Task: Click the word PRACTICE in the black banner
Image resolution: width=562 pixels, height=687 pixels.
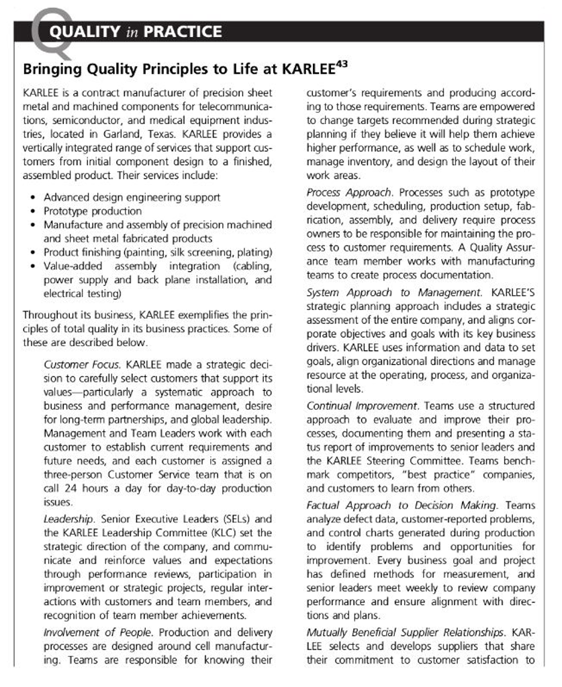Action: click(x=181, y=32)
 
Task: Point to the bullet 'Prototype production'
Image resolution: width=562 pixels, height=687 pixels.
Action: click(x=93, y=211)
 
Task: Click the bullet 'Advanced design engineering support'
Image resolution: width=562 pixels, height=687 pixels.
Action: click(x=132, y=197)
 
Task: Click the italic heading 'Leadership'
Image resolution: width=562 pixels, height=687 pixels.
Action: click(x=67, y=519)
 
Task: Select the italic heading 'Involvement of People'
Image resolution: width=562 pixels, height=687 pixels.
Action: click(x=90, y=632)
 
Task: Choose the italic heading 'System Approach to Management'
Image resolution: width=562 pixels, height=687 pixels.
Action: click(x=393, y=293)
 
